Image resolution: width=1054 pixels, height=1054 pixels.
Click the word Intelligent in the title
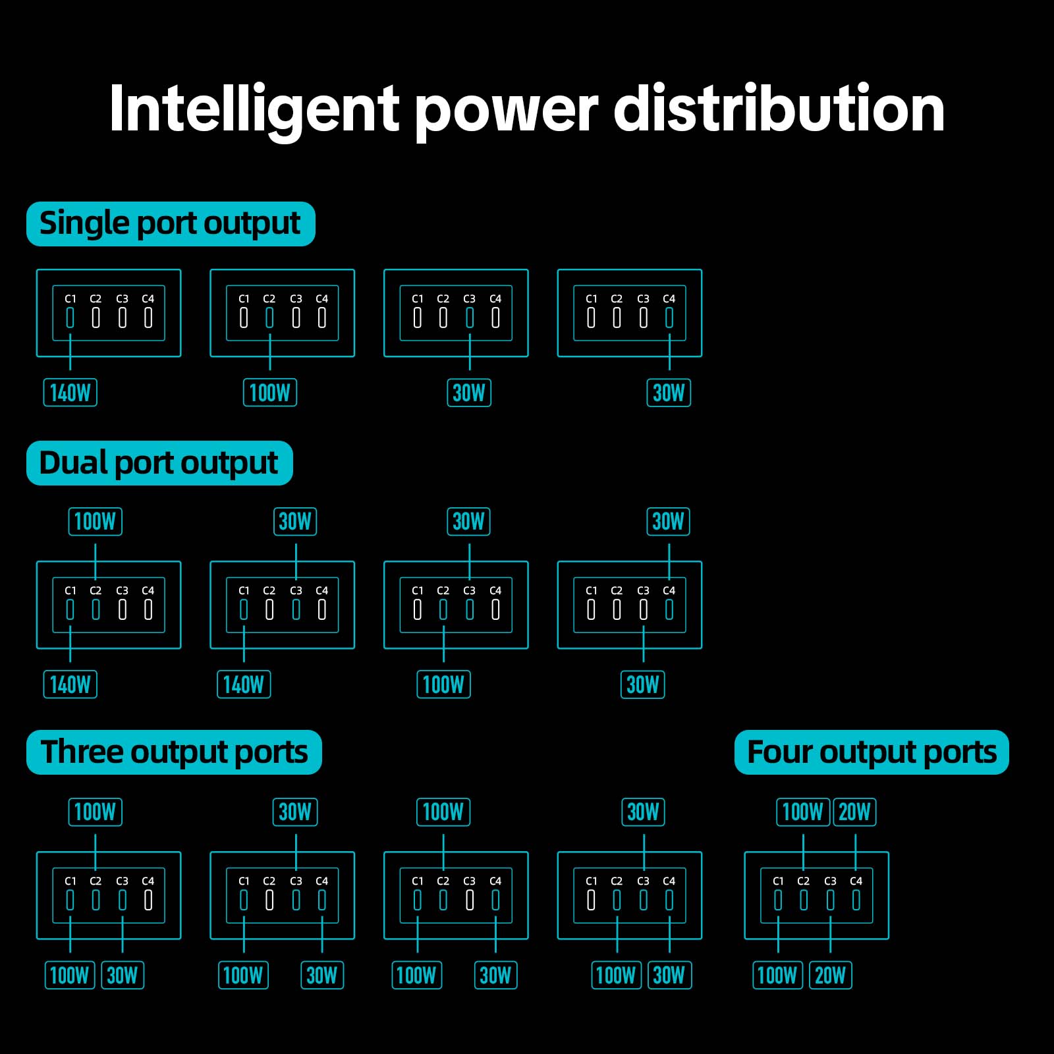[x=254, y=109]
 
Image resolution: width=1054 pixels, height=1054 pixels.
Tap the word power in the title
[x=506, y=109]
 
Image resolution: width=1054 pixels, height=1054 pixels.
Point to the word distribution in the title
[x=779, y=109]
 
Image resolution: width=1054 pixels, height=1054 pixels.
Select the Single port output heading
[x=170, y=224]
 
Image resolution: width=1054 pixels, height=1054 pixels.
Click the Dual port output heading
[x=159, y=463]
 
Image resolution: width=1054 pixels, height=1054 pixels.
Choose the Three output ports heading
[x=174, y=752]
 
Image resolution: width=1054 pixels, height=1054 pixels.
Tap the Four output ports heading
[x=872, y=752]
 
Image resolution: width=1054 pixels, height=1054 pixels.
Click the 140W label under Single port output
[x=70, y=393]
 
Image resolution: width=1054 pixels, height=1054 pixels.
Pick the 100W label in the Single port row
[x=270, y=393]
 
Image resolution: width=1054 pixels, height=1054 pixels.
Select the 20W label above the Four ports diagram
[x=854, y=812]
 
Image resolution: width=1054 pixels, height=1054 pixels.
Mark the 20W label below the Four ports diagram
[x=830, y=976]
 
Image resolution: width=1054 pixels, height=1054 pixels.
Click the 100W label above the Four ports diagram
[x=802, y=812]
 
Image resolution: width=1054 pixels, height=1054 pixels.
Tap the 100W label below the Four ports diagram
[x=777, y=976]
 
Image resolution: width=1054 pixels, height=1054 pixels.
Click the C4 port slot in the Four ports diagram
[x=856, y=900]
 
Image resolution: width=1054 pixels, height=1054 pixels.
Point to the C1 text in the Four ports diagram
[x=778, y=881]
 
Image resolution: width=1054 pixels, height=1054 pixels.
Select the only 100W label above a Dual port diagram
[x=96, y=522]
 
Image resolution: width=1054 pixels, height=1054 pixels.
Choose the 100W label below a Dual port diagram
[x=443, y=684]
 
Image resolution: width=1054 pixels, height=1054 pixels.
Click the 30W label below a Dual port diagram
[x=643, y=684]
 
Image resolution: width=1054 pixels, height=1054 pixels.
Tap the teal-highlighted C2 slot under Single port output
[x=269, y=318]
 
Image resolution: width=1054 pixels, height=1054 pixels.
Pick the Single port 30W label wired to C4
[x=669, y=393]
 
